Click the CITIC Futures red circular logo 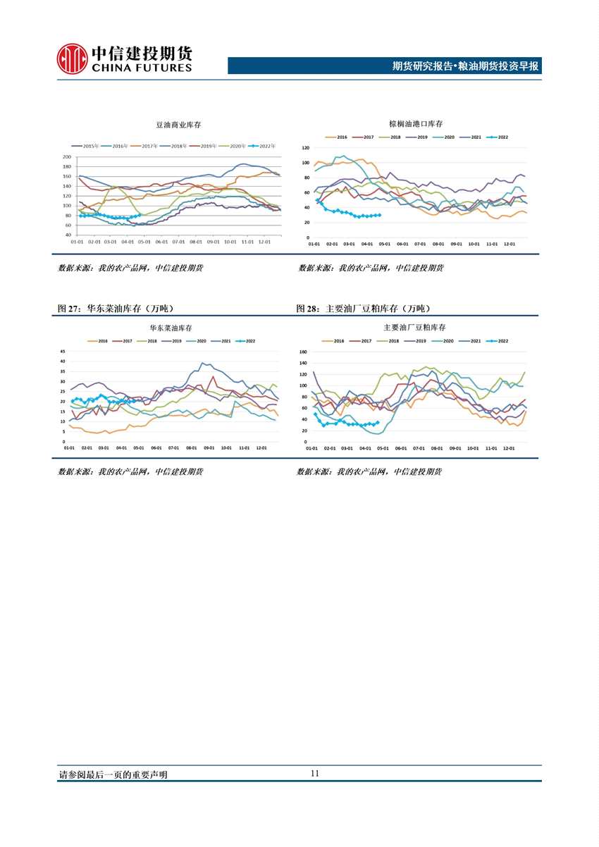(72, 58)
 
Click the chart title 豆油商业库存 (178, 125)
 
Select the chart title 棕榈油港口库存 (416, 123)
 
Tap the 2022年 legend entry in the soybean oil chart (264, 146)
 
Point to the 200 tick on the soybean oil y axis (67, 157)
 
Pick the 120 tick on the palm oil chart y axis (306, 148)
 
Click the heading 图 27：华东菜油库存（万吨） (116, 309)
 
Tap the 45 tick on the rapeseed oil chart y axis (63, 351)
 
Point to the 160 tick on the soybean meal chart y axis (303, 352)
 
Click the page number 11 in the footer (314, 773)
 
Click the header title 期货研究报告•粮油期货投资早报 (465, 66)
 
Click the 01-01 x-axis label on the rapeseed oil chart (70, 448)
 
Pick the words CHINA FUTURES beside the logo (141, 68)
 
